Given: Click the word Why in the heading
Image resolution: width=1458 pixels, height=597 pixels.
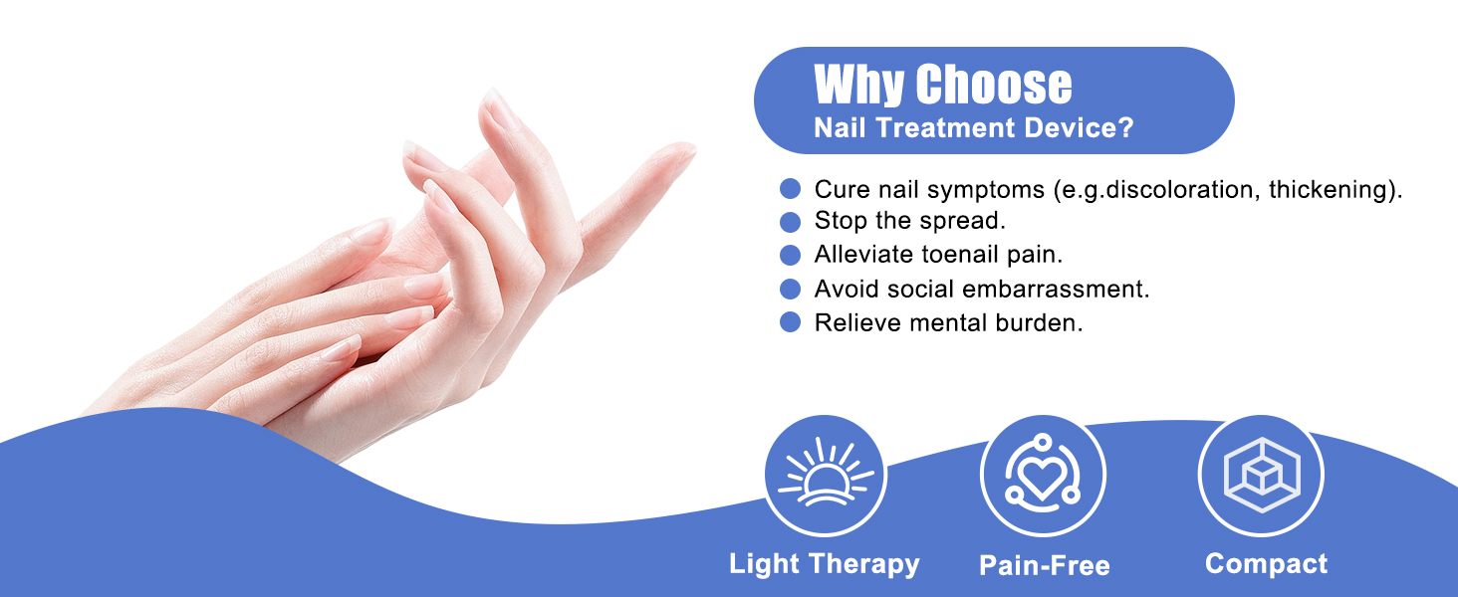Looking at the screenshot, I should tap(859, 85).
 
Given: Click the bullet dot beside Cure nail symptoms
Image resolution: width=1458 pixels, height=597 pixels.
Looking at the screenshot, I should tap(791, 189).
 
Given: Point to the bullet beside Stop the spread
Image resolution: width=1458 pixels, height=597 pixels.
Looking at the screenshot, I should tap(791, 221).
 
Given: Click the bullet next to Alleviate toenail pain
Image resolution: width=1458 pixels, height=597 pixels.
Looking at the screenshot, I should tap(791, 255).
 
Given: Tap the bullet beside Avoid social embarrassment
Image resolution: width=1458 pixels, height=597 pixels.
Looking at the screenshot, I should tap(791, 289).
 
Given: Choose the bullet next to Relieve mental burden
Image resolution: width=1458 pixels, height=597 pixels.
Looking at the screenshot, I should tap(791, 322).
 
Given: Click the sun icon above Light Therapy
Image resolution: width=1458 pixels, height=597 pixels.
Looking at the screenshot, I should tap(826, 476).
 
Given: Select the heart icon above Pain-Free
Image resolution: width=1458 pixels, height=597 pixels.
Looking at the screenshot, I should tap(1043, 476).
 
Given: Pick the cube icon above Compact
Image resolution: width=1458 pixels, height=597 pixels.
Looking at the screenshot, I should tap(1261, 476).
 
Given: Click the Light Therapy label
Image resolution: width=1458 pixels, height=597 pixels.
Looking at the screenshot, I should tap(825, 564).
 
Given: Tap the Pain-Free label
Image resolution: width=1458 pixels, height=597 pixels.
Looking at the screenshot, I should tap(1044, 566).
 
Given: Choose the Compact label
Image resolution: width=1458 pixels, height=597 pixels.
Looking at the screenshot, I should tap(1266, 564).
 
